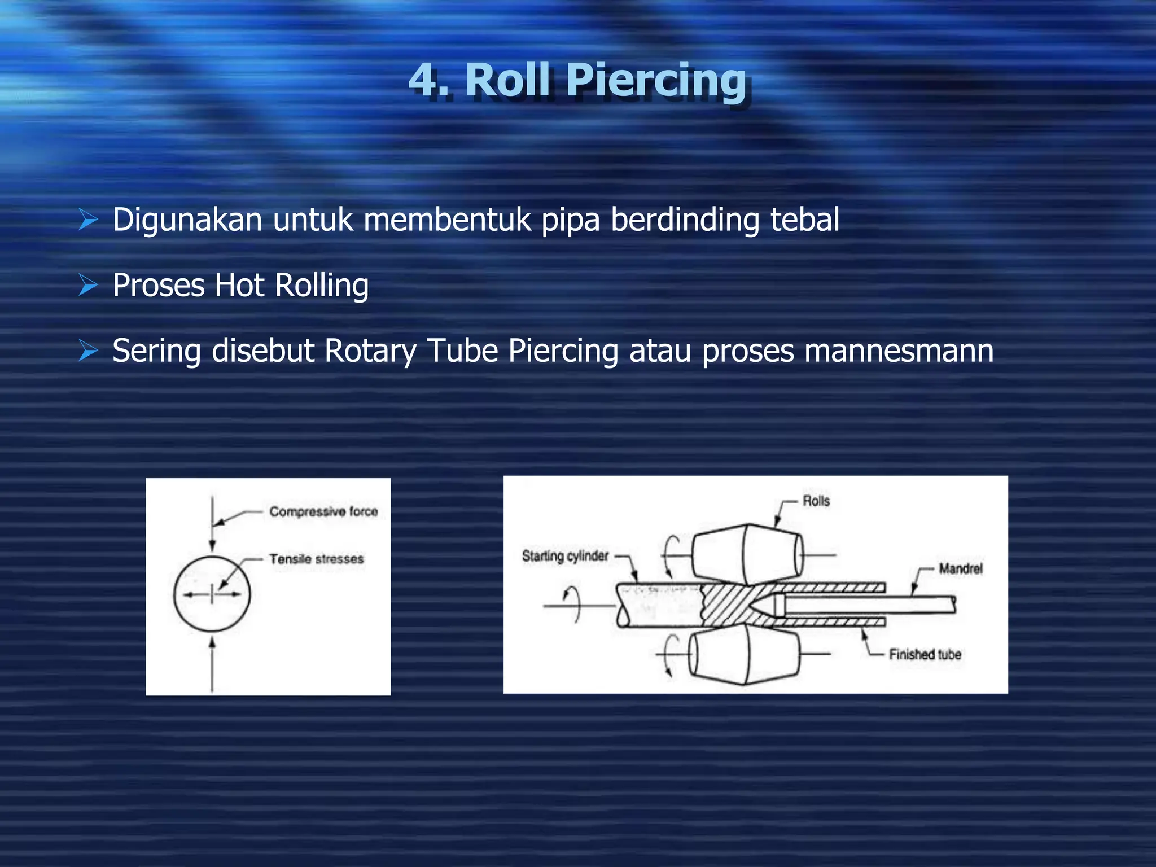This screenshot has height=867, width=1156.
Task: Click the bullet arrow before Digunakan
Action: [89, 220]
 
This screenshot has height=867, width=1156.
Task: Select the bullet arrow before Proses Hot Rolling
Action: [89, 285]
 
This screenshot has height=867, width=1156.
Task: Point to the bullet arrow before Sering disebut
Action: [89, 351]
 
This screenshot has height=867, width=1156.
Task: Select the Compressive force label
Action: [323, 511]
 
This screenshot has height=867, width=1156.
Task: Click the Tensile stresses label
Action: [316, 559]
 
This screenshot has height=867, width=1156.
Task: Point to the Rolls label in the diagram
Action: [816, 501]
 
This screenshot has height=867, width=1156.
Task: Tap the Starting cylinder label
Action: [565, 556]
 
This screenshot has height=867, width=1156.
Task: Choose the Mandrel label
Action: [960, 568]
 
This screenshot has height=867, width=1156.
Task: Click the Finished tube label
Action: [925, 654]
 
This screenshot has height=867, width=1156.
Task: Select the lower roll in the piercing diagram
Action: [744, 654]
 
